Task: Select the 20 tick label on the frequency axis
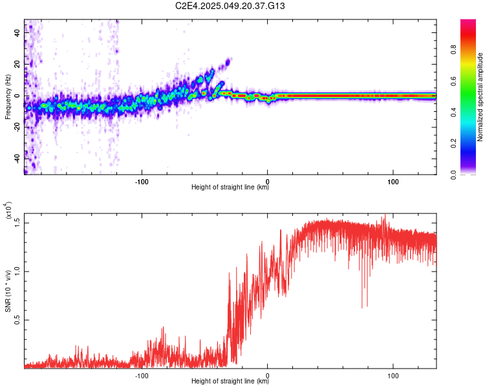[17, 64]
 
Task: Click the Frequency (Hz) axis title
[7, 97]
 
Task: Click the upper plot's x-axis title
[230, 188]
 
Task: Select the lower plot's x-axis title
[230, 382]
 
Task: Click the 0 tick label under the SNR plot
[268, 374]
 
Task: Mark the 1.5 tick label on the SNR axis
[17, 222]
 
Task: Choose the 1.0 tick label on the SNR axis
[17, 271]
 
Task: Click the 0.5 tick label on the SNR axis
[17, 319]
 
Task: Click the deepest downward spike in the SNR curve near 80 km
[363, 307]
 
